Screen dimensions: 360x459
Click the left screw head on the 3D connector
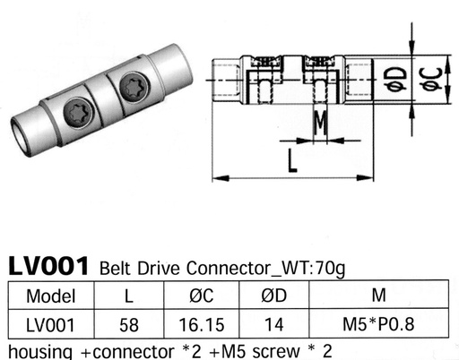point(76,112)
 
